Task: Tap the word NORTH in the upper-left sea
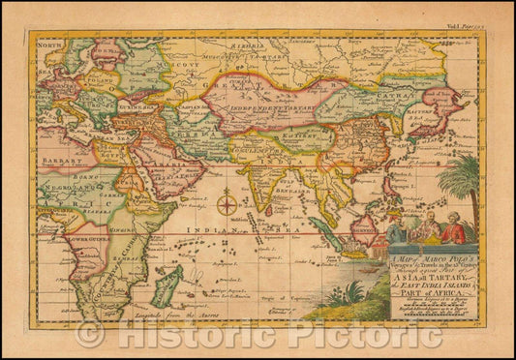point(51,44)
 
